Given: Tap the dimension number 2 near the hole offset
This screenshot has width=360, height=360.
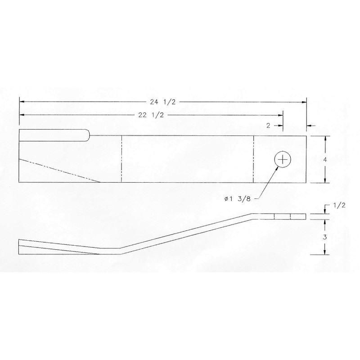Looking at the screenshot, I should tap(268, 126).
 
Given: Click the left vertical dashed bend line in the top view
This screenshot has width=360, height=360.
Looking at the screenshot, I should tap(122, 159).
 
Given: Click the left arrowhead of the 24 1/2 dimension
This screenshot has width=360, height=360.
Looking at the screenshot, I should tap(21, 102).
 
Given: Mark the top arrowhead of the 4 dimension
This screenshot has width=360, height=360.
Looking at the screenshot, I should tap(324, 138).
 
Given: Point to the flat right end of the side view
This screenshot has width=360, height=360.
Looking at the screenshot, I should tap(306, 216).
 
